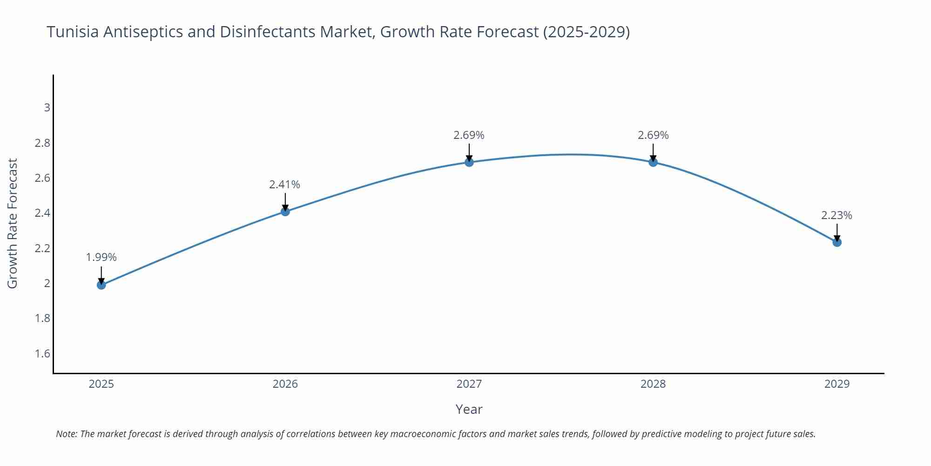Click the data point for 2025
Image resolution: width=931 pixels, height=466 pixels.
coord(101,285)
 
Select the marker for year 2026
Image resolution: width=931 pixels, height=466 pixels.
coord(285,212)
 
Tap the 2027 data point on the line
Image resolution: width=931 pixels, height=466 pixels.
coord(469,162)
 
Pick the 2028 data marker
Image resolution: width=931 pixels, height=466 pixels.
coord(653,162)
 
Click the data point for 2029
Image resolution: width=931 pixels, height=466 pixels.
coord(837,242)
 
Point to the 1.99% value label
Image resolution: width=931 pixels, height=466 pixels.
coord(101,257)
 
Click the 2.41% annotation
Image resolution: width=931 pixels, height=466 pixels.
coord(285,185)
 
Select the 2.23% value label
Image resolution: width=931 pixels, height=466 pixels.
coord(837,215)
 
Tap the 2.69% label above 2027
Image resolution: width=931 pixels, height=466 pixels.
coord(469,135)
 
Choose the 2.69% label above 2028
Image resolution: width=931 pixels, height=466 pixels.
coord(653,135)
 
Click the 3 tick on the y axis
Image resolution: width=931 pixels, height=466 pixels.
coord(47,108)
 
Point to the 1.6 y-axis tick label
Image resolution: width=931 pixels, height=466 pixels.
coord(42,354)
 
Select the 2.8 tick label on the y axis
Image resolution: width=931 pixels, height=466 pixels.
coord(42,143)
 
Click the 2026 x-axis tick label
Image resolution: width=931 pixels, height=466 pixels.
coord(285,384)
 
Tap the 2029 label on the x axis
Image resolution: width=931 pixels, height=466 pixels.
coord(837,384)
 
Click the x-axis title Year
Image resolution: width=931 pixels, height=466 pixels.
coord(469,409)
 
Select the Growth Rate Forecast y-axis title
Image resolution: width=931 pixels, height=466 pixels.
coord(13,223)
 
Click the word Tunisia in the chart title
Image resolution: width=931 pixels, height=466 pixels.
coord(73,32)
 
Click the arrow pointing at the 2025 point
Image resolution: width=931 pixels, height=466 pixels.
coord(101,275)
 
